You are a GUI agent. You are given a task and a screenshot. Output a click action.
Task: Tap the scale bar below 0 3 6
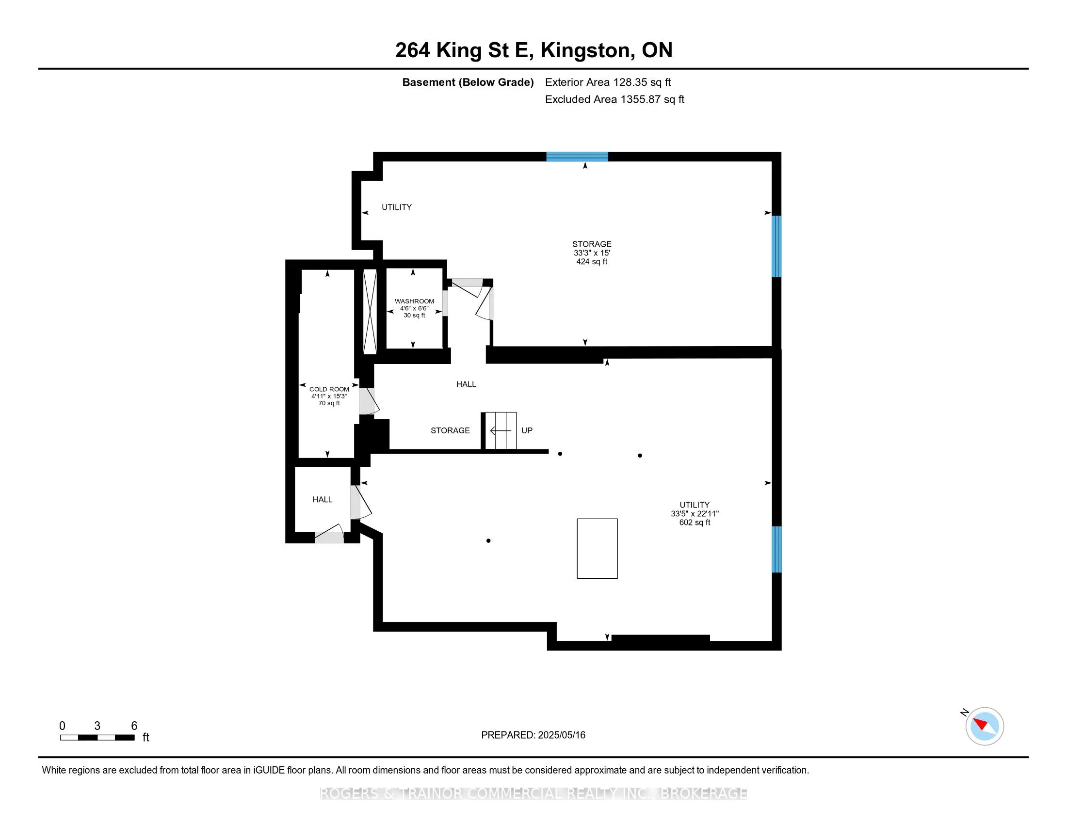(x=97, y=737)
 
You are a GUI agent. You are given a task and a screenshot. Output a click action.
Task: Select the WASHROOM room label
(x=414, y=301)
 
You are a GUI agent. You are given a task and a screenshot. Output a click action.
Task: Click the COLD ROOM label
(x=329, y=390)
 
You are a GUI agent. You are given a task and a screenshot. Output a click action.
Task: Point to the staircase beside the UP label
(x=499, y=430)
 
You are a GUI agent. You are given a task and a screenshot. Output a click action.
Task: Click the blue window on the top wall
(x=577, y=157)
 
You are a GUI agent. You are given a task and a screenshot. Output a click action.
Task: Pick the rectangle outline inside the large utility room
(x=597, y=549)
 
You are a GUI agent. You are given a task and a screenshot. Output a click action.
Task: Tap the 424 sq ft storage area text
(x=592, y=262)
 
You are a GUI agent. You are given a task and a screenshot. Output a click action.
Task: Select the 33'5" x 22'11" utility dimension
(x=695, y=513)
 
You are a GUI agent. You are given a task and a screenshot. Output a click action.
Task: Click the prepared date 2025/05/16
(x=561, y=735)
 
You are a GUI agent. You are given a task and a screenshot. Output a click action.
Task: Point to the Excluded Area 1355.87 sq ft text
(x=614, y=99)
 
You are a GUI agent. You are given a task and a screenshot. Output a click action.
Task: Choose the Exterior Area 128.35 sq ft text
(x=608, y=82)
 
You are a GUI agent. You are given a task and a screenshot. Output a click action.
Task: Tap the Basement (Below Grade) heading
(x=468, y=82)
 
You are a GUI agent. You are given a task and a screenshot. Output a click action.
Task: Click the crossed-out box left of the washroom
(x=370, y=312)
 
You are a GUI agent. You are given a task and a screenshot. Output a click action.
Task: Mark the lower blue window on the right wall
(x=776, y=549)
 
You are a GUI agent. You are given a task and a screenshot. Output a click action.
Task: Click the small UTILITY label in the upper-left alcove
(x=397, y=207)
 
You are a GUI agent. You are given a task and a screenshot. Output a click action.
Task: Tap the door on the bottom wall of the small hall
(x=329, y=534)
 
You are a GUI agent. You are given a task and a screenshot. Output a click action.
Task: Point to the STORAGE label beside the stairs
(x=450, y=430)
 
